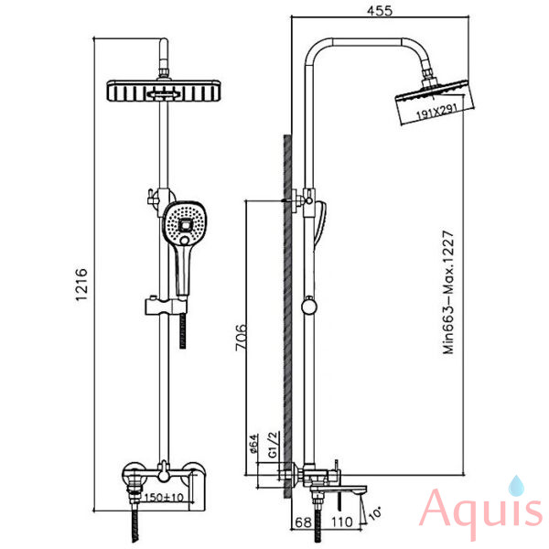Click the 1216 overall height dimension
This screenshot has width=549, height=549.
tap(81, 285)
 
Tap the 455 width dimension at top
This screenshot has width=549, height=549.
tap(380, 11)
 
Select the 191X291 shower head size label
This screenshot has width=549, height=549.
tap(437, 112)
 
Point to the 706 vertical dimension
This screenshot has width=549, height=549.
tap(241, 338)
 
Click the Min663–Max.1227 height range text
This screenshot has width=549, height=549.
tap(448, 293)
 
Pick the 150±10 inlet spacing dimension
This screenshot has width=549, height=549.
tap(164, 497)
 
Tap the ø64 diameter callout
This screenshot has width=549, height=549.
tap(253, 443)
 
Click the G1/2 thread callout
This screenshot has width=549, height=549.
tap(273, 445)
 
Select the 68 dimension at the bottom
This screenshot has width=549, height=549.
tap(303, 522)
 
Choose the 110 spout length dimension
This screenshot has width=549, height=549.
tap(341, 522)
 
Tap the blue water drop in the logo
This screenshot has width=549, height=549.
tap(516, 486)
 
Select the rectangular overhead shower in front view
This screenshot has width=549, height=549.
tap(164, 91)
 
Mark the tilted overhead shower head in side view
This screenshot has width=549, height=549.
tap(435, 102)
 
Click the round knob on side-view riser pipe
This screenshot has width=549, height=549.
tap(309, 307)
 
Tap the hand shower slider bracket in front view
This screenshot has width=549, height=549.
tap(166, 306)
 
